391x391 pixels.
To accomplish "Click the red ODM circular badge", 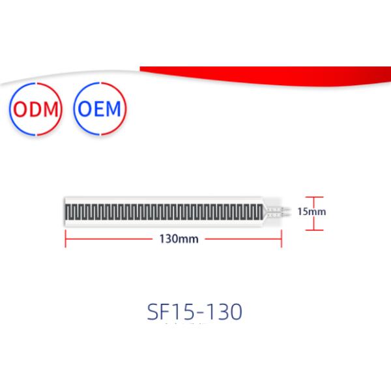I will [x=36, y=109].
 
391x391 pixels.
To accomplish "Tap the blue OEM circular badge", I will [x=100, y=109].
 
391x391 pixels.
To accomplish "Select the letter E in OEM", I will [x=100, y=109].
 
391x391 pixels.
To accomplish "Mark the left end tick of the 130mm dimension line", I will [x=66, y=239].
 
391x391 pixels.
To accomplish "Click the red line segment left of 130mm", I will [x=111, y=239].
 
